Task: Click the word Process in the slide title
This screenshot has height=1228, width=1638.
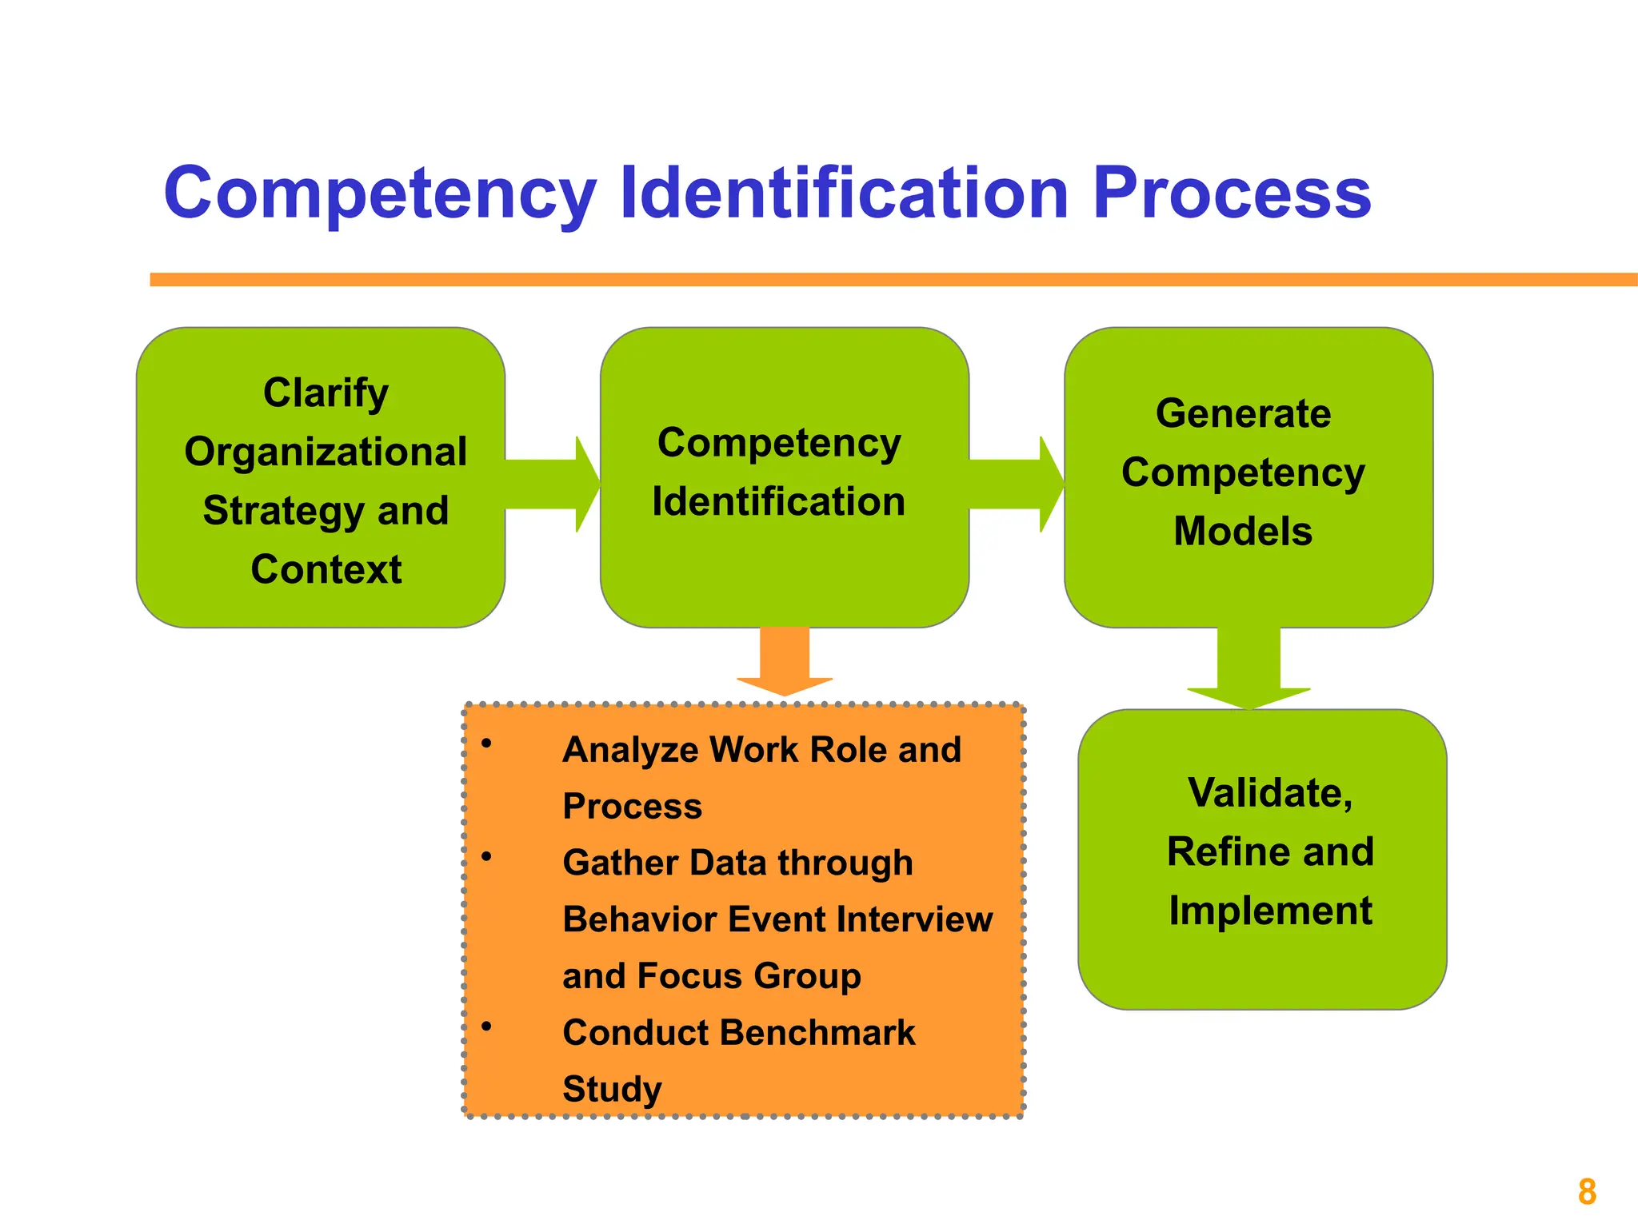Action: pos(1232,194)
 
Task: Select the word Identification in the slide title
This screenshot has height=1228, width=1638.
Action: pos(844,194)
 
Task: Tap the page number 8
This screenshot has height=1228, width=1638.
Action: pos(1587,1192)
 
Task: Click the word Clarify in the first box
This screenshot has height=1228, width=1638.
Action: pos(326,394)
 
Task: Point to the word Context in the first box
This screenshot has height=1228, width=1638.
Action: pos(326,570)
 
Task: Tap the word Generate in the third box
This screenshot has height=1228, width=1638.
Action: pos(1243,414)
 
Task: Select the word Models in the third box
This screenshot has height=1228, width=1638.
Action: pos(1243,532)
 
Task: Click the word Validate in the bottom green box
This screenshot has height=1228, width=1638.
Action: pos(1269,793)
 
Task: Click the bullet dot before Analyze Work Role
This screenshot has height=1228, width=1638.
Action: pos(486,744)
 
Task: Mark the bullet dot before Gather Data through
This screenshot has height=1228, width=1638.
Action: pos(486,857)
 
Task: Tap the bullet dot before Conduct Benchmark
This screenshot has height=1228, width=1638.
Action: pos(486,1027)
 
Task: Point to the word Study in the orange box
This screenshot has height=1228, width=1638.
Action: pos(612,1090)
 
